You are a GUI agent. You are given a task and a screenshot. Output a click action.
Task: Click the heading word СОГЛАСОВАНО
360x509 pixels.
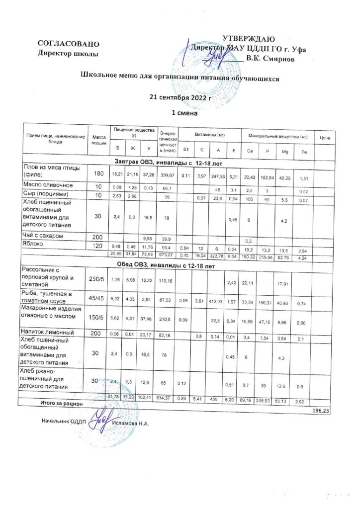(x=65, y=44)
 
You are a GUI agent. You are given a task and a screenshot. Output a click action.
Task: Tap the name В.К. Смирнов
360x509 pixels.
(x=270, y=59)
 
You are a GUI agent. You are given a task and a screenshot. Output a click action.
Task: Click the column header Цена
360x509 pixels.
(x=325, y=137)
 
